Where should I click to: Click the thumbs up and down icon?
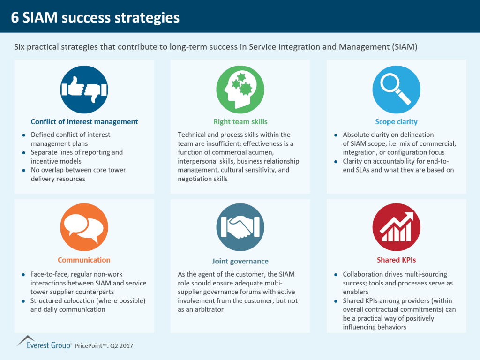click(84, 90)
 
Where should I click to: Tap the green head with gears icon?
click(240, 90)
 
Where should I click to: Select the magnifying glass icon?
click(397, 90)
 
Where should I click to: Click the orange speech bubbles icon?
click(84, 227)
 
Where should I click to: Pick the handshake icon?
click(240, 227)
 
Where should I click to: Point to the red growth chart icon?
click(397, 227)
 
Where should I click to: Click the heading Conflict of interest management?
click(84, 122)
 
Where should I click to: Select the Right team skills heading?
click(240, 122)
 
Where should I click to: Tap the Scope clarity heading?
click(397, 122)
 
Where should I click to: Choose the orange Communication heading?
click(84, 260)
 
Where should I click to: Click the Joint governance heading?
click(240, 261)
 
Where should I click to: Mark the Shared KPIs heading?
click(397, 260)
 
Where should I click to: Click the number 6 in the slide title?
click(15, 18)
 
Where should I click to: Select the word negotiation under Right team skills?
click(194, 179)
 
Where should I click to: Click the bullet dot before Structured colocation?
click(23, 301)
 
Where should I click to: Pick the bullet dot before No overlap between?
click(23, 170)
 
